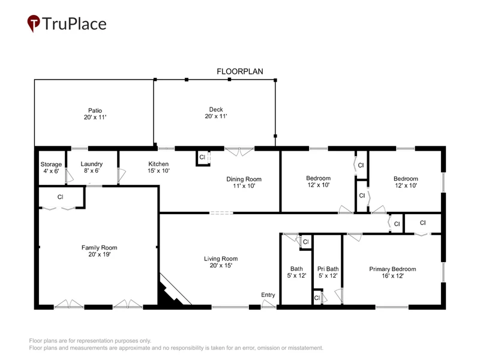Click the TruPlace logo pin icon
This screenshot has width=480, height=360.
tap(34, 23)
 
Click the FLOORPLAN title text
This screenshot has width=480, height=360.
tap(239, 71)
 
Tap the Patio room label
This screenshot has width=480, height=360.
tap(95, 110)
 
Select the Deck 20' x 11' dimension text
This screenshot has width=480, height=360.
tap(216, 116)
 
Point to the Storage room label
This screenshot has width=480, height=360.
tap(51, 164)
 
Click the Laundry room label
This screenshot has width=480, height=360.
tap(92, 164)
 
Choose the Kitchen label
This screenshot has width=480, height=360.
tap(158, 164)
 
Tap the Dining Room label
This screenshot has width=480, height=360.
tap(244, 179)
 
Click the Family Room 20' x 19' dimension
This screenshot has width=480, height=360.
tap(99, 254)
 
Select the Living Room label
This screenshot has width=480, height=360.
tap(221, 259)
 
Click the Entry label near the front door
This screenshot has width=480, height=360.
tap(268, 295)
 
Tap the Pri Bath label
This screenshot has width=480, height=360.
tap(328, 269)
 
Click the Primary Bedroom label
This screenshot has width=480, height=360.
tap(392, 269)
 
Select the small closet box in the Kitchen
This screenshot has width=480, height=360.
tap(203, 158)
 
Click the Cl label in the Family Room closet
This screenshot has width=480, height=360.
tap(61, 197)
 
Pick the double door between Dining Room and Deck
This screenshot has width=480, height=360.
tap(239, 151)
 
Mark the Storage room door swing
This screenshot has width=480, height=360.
tap(69, 176)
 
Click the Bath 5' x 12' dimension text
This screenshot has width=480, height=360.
tap(296, 275)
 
